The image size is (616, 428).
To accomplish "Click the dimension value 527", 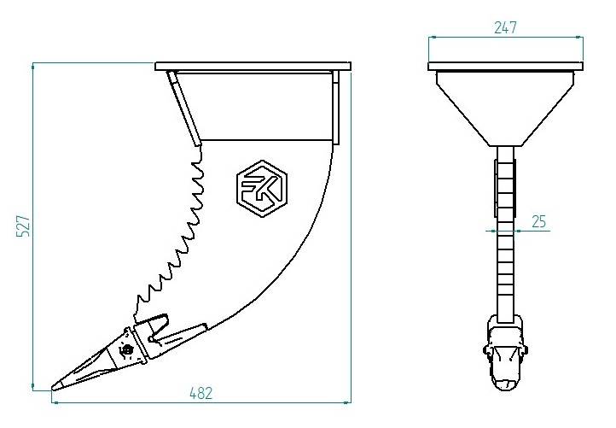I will tap(23, 226).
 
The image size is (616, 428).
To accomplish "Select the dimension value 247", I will tap(506, 26).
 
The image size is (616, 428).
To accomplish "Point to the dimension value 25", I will tap(538, 221).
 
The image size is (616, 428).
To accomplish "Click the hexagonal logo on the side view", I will tap(262, 185).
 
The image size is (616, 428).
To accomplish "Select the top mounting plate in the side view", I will tap(253, 66).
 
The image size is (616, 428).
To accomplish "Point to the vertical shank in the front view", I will tap(506, 256).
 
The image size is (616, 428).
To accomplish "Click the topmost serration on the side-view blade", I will tap(200, 155).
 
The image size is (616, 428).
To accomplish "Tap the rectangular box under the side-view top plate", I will tap(260, 106).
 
